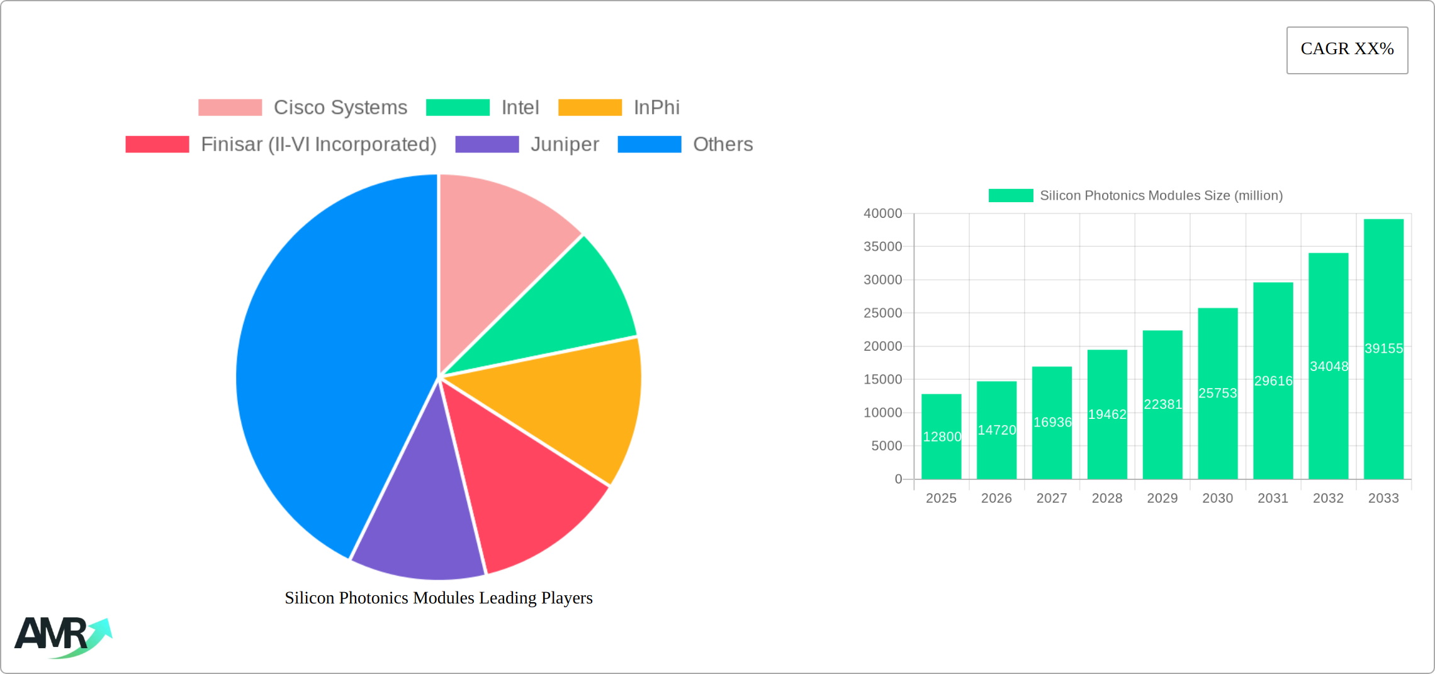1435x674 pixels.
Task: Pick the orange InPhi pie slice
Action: tap(566, 403)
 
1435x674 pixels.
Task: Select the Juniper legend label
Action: tap(565, 144)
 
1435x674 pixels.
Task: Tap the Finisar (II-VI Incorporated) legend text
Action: tap(318, 144)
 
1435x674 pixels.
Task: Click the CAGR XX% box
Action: tap(1347, 50)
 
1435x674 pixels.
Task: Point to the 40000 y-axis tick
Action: tap(882, 214)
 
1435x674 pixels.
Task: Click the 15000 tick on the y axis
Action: tap(882, 379)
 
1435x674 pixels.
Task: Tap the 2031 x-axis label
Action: tap(1273, 498)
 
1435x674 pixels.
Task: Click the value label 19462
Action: tap(1107, 414)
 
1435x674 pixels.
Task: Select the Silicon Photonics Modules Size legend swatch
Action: tap(1011, 196)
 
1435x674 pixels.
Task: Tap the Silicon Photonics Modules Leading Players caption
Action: tap(439, 598)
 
